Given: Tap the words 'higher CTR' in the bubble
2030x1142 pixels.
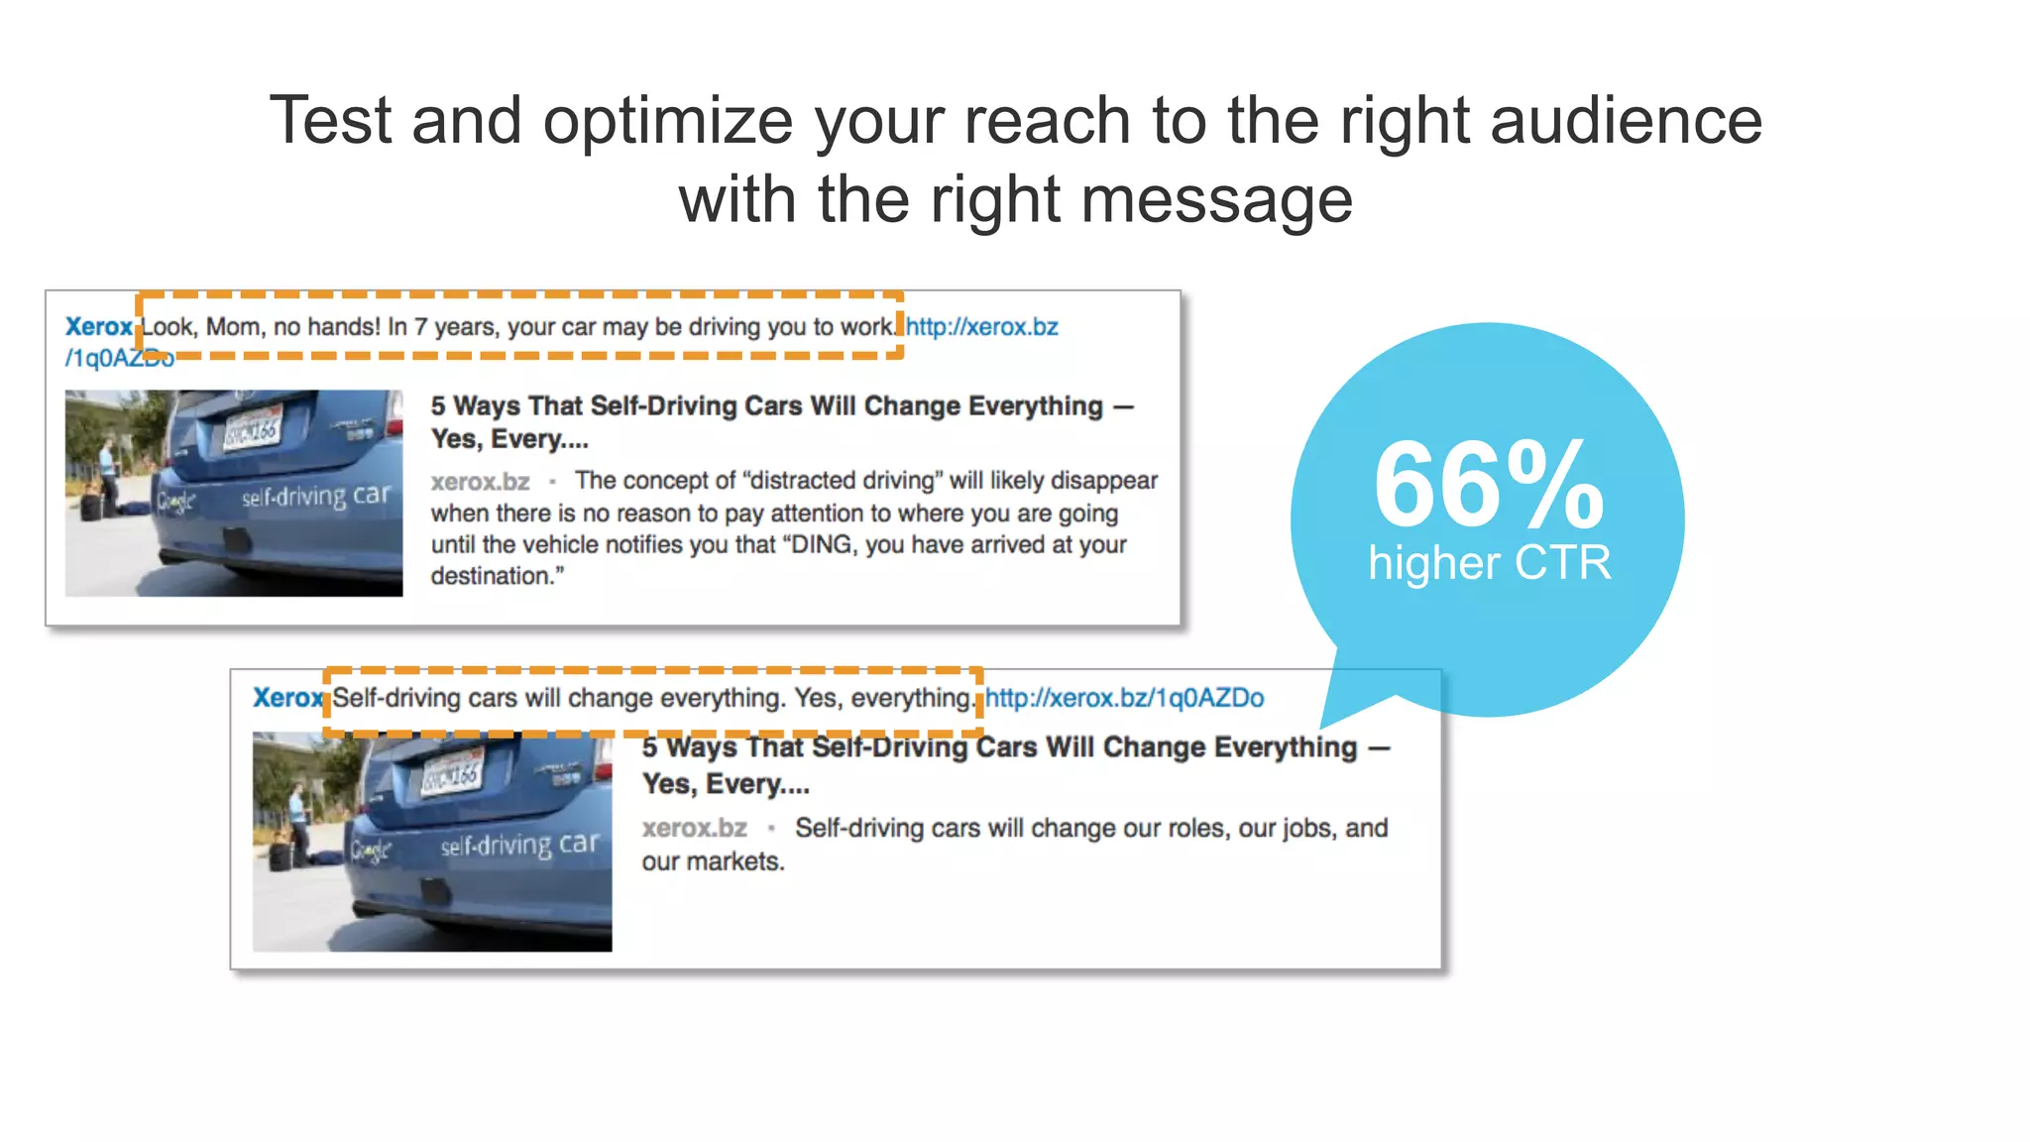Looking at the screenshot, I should [x=1489, y=563].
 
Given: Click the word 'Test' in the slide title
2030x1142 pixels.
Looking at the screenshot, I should [x=330, y=121].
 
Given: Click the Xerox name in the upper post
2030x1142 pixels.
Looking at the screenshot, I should [x=98, y=327].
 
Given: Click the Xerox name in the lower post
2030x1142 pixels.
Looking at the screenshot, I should [x=286, y=698].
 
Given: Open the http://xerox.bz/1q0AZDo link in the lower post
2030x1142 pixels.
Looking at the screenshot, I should [x=1124, y=698].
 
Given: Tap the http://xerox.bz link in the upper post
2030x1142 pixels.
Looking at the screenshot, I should [x=981, y=327].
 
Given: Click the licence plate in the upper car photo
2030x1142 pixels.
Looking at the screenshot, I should [x=252, y=428].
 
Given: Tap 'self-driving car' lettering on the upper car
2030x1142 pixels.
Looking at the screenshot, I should [x=316, y=495].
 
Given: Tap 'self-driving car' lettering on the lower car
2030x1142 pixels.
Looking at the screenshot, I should [x=520, y=845].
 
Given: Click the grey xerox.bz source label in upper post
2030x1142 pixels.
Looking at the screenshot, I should [x=480, y=482].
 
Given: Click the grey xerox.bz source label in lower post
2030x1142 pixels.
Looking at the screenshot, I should [x=694, y=828].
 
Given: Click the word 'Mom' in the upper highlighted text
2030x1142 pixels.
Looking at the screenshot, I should [x=232, y=327].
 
